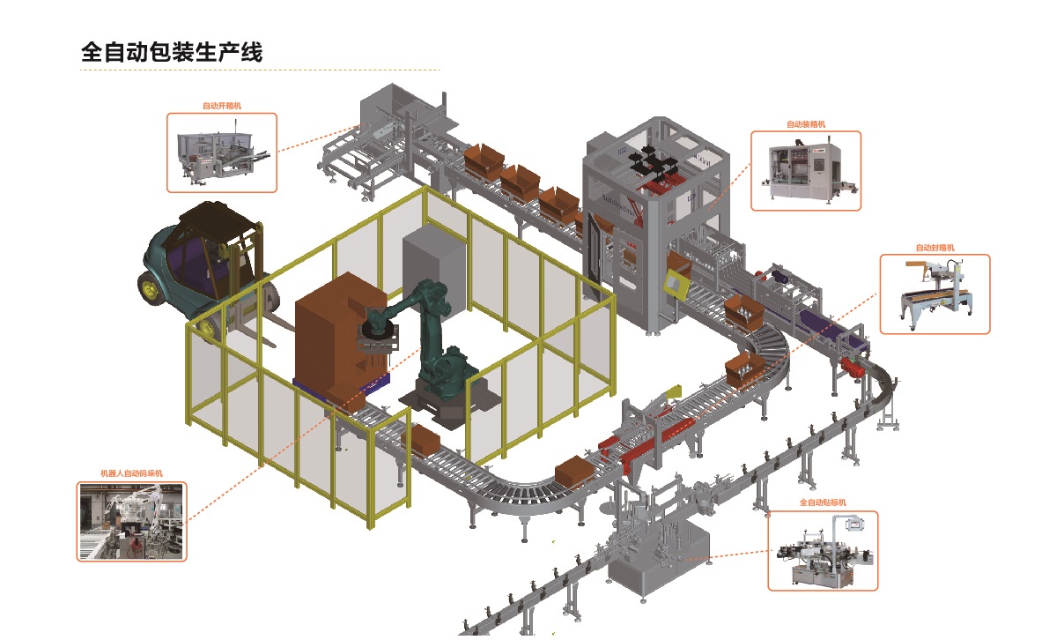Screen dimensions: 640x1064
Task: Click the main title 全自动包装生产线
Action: [172, 52]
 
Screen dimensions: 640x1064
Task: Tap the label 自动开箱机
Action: [221, 106]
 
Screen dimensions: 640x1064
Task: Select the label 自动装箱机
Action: [805, 124]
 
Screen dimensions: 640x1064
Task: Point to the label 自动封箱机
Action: [935, 249]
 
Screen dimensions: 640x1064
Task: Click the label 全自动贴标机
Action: [822, 502]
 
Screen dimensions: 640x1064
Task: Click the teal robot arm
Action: [432, 335]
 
